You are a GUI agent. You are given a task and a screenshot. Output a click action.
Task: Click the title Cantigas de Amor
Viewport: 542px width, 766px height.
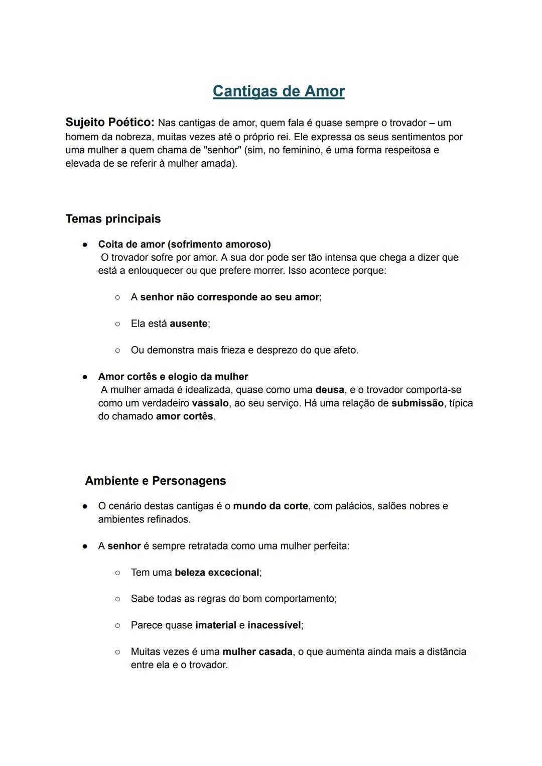click(279, 91)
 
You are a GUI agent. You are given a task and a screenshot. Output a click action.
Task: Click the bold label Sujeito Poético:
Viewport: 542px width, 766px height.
click(109, 122)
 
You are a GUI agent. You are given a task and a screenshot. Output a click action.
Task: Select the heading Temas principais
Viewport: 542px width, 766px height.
click(113, 219)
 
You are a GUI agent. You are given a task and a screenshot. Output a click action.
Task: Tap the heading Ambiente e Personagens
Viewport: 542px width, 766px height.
click(156, 481)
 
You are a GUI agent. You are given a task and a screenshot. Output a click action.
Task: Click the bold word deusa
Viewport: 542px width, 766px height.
click(330, 390)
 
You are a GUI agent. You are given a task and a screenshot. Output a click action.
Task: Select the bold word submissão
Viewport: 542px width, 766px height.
click(418, 403)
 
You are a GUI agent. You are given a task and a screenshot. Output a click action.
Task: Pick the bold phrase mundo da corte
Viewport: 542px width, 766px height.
click(270, 506)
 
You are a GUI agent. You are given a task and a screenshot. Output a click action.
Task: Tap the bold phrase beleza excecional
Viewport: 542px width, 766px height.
click(217, 573)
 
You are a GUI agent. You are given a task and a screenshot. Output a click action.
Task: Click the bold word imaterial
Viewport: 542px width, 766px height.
click(215, 625)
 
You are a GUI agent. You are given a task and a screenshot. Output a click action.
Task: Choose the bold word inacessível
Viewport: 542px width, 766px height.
click(274, 625)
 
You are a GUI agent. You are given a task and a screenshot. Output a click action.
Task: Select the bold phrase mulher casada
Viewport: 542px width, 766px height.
click(257, 652)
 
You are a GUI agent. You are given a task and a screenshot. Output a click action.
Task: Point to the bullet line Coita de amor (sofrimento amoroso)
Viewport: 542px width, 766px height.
click(184, 244)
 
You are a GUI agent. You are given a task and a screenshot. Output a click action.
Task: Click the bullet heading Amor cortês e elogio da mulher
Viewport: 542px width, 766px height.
click(173, 377)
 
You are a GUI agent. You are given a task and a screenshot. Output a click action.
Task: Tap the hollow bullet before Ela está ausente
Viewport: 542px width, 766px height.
click(117, 324)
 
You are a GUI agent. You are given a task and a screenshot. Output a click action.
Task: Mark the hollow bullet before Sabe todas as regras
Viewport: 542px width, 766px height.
click(117, 599)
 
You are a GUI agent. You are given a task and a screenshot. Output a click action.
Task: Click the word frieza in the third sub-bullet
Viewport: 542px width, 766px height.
click(237, 350)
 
